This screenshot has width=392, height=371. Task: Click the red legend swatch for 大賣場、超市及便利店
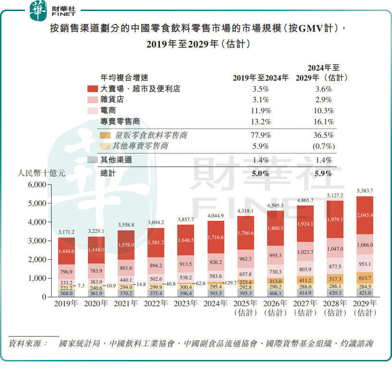coord(93,89)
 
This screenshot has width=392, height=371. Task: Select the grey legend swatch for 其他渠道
coord(93,160)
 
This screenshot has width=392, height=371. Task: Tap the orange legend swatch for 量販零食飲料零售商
coord(105,135)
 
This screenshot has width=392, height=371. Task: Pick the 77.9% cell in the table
coord(261,135)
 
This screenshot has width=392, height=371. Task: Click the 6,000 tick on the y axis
coord(37,185)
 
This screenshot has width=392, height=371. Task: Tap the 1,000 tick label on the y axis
coord(37,278)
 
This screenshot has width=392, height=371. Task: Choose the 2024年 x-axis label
coord(216,303)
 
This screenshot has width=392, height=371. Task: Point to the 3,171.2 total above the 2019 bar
coord(66,232)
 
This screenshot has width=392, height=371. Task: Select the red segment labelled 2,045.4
coord(364,215)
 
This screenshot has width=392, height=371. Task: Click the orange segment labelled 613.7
coord(364,278)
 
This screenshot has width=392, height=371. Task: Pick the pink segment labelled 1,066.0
coord(364,245)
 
